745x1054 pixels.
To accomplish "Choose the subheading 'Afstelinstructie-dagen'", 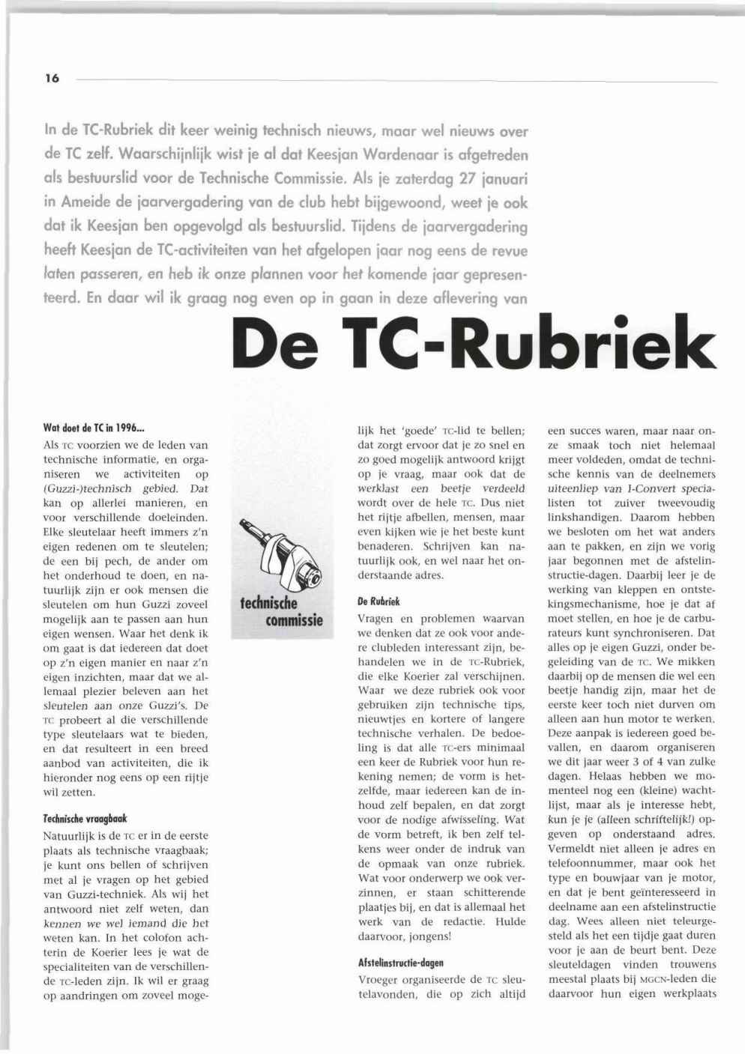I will coord(401,963).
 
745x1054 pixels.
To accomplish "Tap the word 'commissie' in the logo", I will coord(294,620).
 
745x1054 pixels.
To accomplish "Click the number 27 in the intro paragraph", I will coord(446,180).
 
